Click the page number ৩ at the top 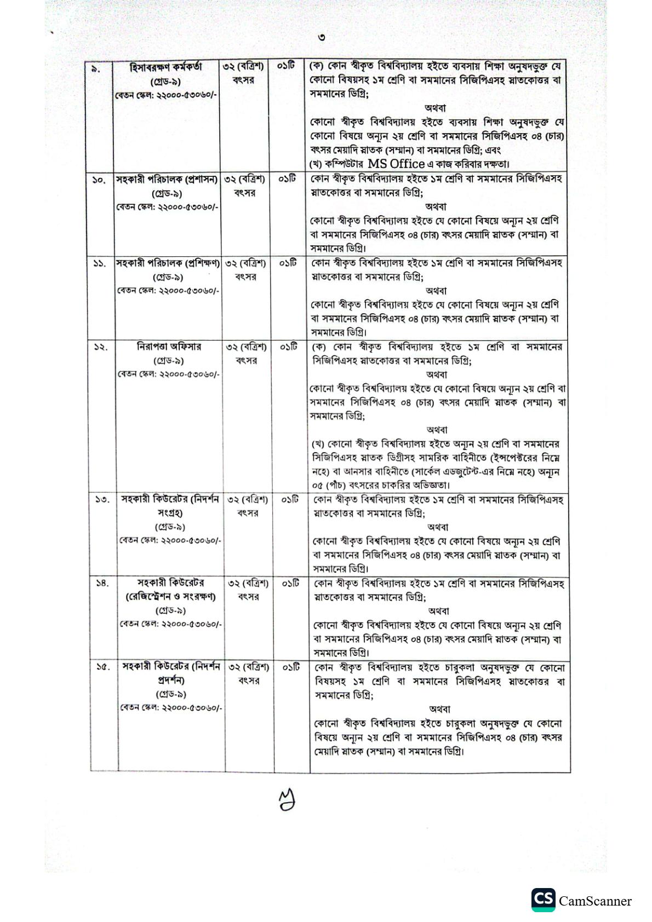click(322, 38)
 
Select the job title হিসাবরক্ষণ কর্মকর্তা click(166, 67)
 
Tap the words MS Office click(396, 163)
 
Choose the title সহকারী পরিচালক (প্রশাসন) click(167, 180)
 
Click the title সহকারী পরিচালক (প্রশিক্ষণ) click(168, 263)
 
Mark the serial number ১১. click(99, 264)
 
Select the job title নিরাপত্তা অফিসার click(169, 347)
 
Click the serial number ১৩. click(102, 500)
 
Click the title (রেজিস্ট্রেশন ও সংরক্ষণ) click(170, 597)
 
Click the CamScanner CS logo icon click(542, 900)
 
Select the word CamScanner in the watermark click(595, 901)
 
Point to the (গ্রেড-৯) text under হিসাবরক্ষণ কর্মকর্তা click(166, 82)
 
